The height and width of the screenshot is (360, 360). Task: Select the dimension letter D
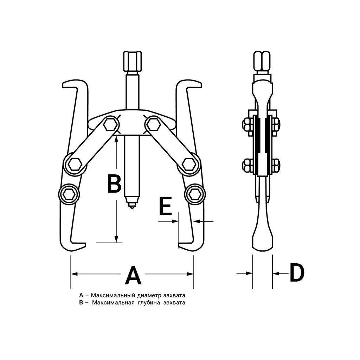(297, 273)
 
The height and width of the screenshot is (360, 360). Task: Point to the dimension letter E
(166, 206)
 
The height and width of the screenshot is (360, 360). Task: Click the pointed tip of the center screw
(132, 208)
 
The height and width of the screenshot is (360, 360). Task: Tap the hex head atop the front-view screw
(132, 61)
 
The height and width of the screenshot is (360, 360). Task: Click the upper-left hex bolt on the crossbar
(110, 125)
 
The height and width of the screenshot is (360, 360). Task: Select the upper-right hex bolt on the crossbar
(153, 126)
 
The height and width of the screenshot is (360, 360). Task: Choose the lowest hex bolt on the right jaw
(195, 194)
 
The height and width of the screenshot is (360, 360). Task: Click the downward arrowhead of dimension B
(117, 239)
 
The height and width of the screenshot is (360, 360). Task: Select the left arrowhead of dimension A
(74, 274)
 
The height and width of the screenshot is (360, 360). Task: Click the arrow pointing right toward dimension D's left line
(244, 273)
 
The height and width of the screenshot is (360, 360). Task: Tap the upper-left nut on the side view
(247, 126)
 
